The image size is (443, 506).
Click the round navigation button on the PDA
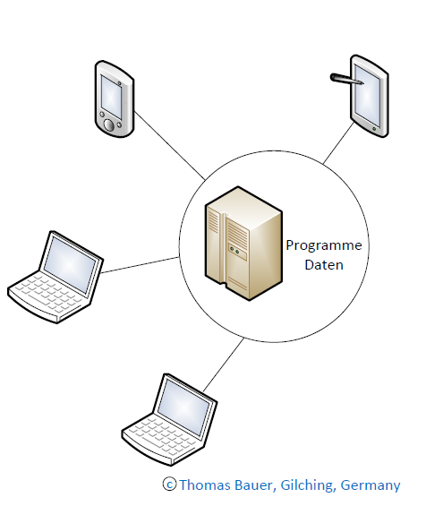(x=109, y=124)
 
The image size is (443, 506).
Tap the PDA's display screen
(x=111, y=97)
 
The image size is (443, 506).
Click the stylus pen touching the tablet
(x=347, y=79)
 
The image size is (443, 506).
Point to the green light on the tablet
(x=374, y=129)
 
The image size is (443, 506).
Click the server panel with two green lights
(x=237, y=252)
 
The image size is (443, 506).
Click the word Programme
(x=324, y=245)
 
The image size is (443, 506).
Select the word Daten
(x=324, y=265)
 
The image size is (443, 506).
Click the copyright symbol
(x=169, y=484)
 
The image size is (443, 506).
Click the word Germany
(x=371, y=485)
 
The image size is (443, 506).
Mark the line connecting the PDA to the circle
(x=169, y=146)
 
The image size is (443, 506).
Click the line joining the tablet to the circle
(x=338, y=143)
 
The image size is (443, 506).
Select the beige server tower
(x=243, y=244)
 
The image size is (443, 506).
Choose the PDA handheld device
(x=115, y=99)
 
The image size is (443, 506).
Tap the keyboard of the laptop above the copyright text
(x=161, y=435)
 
